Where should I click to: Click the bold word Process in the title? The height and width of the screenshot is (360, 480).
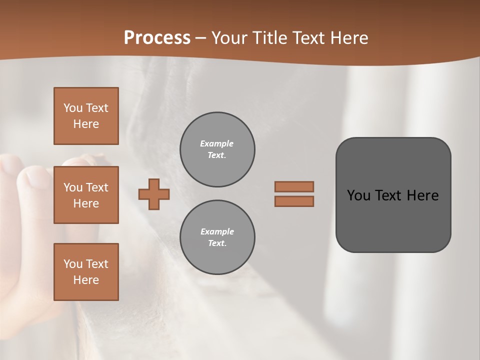pos(157,37)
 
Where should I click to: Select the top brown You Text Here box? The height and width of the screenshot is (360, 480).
pos(86,116)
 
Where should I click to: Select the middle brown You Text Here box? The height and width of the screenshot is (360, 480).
pos(86,195)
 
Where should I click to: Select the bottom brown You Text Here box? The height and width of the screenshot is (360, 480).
pos(86,272)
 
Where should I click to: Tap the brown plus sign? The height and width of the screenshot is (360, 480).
pos(154,194)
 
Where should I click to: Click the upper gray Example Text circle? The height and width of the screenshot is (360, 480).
pos(217,149)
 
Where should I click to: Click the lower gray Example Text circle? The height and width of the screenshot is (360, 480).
pos(217,237)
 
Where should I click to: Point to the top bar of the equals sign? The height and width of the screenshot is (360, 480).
pos(294,186)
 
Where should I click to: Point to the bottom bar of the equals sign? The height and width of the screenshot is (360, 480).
pos(294,201)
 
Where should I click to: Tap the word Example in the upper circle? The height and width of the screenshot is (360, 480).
pos(217,143)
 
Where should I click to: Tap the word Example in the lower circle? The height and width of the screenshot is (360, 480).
pos(217,231)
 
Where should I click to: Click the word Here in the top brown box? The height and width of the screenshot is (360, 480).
pos(86,124)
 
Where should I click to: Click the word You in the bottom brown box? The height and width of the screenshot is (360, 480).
pos(73,264)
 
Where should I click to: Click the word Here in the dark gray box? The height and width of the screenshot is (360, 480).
pos(422,195)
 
